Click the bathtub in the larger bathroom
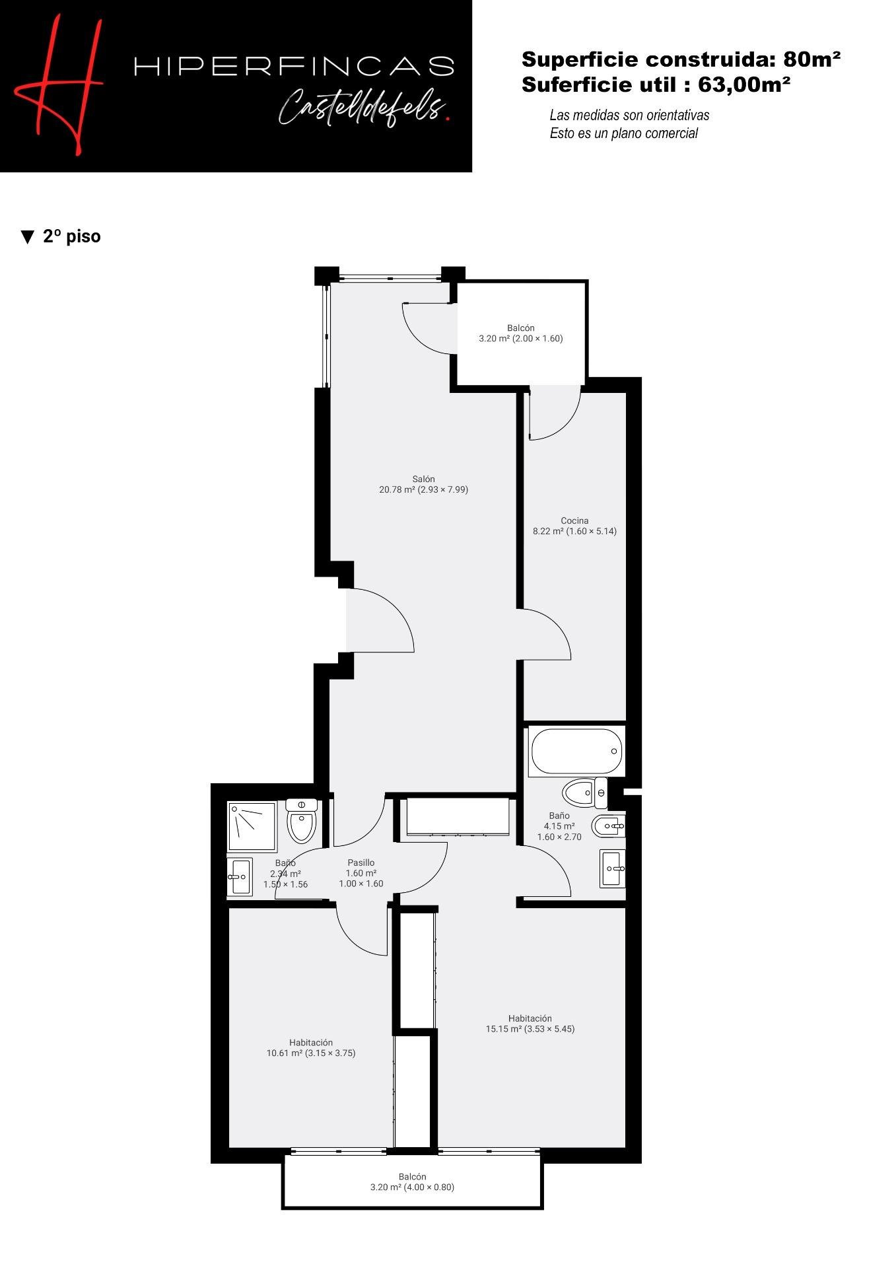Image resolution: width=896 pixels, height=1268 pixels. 576,752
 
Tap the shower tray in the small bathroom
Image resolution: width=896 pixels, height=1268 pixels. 252,826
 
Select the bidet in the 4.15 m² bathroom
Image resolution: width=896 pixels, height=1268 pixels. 608,826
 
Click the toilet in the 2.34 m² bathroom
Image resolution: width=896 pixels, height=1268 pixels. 302,820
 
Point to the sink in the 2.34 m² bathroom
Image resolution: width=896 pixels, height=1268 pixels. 240,877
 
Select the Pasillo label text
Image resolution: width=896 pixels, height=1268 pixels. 361,863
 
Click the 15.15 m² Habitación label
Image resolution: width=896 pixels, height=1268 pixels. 530,1024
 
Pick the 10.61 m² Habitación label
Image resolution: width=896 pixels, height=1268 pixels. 311,1048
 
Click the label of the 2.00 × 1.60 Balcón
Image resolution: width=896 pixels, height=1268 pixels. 521,333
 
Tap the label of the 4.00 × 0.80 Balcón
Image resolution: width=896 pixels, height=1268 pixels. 412,1181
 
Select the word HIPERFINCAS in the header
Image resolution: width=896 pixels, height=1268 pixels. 294,66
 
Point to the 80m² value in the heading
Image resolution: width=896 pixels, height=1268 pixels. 811,59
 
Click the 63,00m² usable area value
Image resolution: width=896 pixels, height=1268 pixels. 744,84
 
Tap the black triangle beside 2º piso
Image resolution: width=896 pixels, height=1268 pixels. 28,237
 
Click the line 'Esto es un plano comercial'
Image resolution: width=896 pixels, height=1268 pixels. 623,133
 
